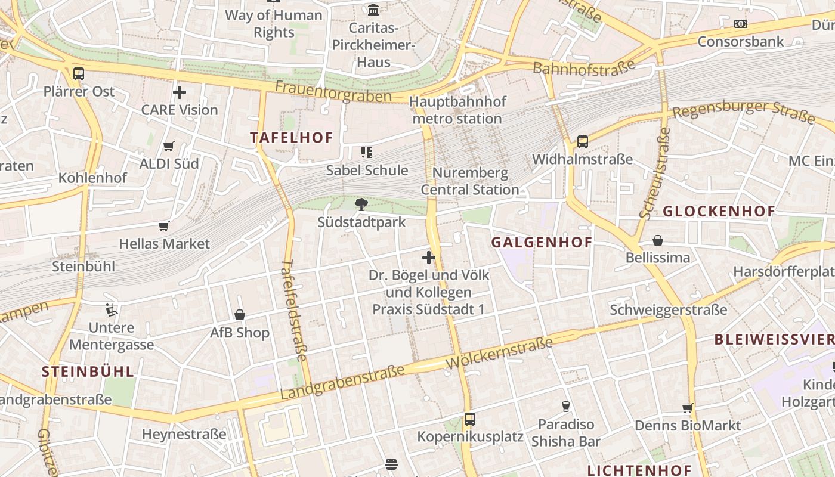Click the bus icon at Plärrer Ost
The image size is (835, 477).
(79, 74)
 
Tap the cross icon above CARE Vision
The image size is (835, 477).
(179, 92)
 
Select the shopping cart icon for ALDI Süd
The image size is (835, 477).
(169, 146)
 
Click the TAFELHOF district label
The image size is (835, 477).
(292, 138)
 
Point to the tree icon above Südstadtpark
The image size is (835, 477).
(361, 205)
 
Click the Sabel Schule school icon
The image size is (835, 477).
(366, 153)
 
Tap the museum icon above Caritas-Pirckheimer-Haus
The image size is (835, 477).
(374, 10)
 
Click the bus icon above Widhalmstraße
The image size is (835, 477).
(583, 142)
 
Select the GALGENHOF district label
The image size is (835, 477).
(542, 242)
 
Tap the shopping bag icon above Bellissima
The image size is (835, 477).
(658, 240)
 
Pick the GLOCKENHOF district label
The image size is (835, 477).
(719, 211)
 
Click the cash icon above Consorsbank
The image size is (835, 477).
(741, 24)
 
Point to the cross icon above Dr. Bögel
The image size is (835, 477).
(428, 258)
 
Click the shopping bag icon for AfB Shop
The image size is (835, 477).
(240, 315)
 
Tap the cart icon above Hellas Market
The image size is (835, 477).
(164, 226)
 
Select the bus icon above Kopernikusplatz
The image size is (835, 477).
(470, 419)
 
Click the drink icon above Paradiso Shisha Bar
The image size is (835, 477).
(566, 407)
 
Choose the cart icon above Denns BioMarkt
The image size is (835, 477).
(688, 408)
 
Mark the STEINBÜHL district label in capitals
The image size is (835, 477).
(88, 371)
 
